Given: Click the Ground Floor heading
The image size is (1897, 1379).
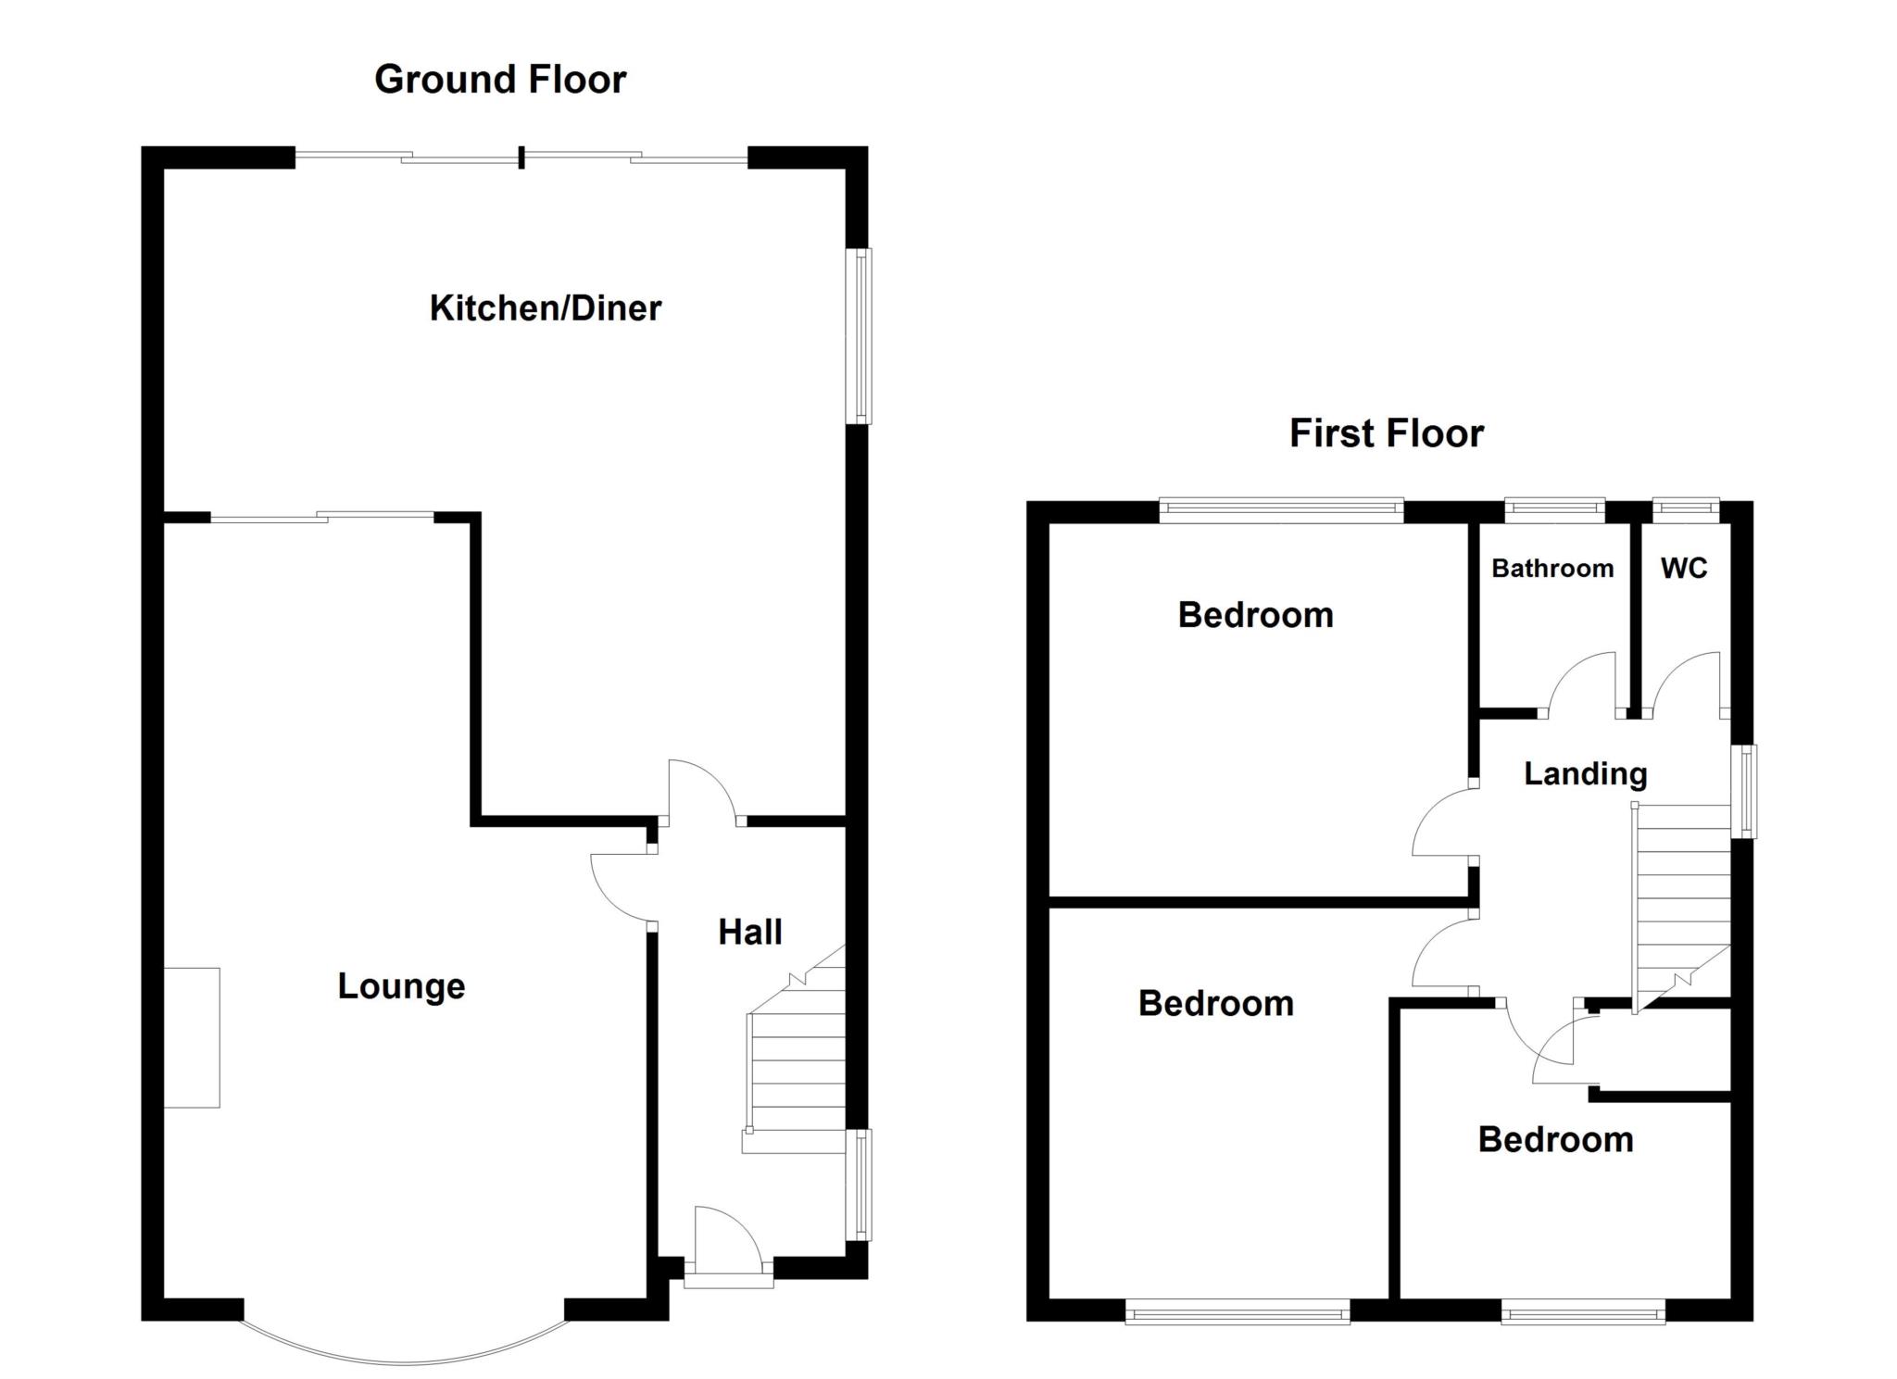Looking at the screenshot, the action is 500,80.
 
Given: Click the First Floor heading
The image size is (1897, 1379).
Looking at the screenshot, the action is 1387,433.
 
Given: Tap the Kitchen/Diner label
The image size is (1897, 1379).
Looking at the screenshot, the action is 546,308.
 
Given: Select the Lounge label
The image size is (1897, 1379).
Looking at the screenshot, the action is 401,987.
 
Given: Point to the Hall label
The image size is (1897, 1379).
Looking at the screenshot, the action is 750,932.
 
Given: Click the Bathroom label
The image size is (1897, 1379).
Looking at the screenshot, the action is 1552,568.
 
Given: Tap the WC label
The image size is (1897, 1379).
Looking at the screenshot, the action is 1684,568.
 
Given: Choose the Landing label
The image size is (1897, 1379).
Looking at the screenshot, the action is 1586,774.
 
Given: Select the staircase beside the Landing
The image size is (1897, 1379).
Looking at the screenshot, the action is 1680,908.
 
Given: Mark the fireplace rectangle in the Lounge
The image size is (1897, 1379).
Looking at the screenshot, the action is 192,1037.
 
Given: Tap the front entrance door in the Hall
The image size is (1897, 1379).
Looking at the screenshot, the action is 728,1246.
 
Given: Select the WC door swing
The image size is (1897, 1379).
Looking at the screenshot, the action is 1687,685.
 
